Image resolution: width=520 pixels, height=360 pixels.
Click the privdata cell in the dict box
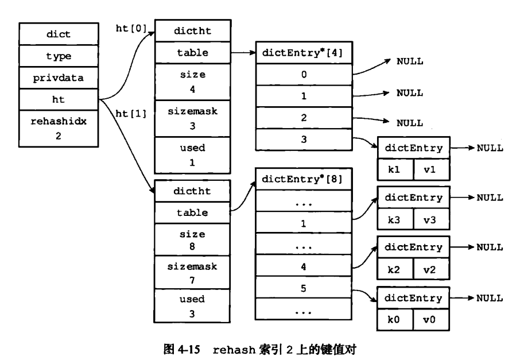click(x=59, y=78)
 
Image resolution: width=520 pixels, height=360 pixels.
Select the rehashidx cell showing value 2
click(x=59, y=129)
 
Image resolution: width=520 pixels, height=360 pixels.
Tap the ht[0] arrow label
click(x=131, y=29)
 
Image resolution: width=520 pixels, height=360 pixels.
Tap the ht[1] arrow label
click(x=131, y=114)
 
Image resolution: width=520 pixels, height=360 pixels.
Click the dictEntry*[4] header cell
click(x=304, y=53)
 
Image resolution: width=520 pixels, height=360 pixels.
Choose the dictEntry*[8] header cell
click(x=304, y=179)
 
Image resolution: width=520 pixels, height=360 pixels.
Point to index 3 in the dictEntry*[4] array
click(x=304, y=140)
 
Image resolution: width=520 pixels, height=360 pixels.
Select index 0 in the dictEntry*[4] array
click(x=304, y=74)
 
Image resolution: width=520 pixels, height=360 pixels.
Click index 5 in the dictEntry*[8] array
click(x=304, y=288)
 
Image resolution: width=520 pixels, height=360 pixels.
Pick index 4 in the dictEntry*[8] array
click(x=304, y=266)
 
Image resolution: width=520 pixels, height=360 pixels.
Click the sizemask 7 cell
click(x=192, y=273)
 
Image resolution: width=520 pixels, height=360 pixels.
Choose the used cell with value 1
click(x=192, y=155)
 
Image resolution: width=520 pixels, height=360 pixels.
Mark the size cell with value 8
click(x=192, y=240)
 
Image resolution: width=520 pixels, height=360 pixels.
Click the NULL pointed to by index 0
click(x=410, y=61)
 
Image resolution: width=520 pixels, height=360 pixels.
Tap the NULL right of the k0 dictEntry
click(x=490, y=298)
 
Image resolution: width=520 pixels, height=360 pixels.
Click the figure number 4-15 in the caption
click(x=189, y=350)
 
